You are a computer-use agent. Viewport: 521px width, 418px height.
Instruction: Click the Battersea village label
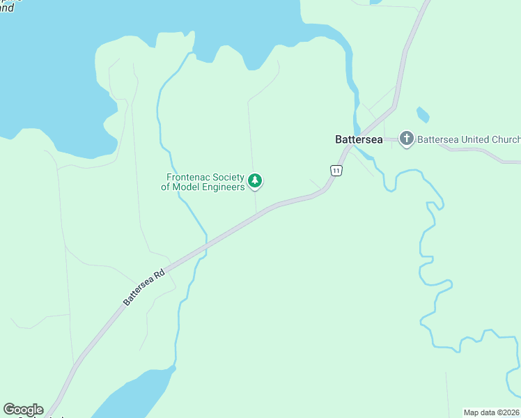(x=359, y=139)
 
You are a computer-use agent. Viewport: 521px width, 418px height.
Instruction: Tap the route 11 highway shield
(x=336, y=170)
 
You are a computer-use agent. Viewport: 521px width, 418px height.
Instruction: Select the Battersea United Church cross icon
(x=407, y=139)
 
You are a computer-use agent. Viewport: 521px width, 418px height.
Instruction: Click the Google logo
(x=23, y=410)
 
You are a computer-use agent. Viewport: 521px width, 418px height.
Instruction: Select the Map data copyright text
(x=492, y=412)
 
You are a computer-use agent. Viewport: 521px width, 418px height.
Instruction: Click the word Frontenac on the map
(x=189, y=178)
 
